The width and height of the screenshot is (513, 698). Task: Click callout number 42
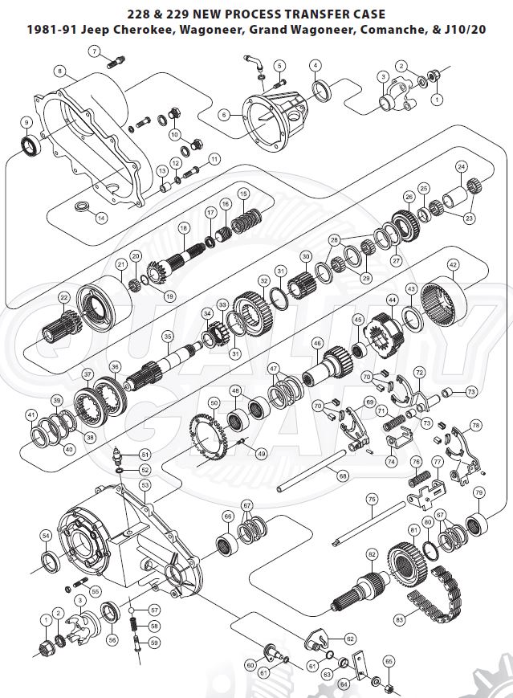coord(453,263)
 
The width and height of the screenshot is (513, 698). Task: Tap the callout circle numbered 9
coord(26,122)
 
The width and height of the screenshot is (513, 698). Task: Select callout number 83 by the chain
coord(399,619)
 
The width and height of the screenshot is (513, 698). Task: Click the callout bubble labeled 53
coord(145,485)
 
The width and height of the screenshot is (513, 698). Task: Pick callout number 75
coord(372,499)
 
